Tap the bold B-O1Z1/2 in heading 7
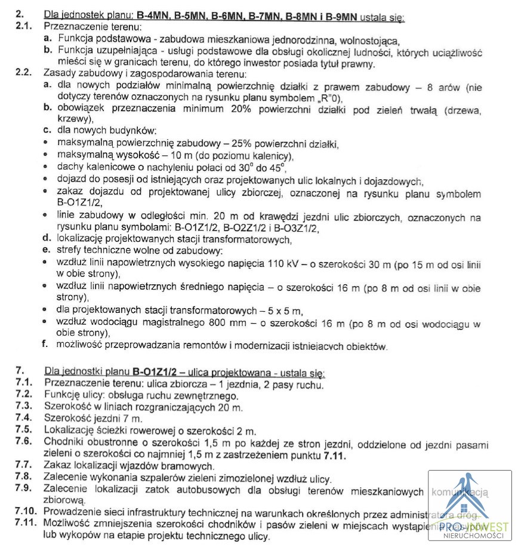156,373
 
